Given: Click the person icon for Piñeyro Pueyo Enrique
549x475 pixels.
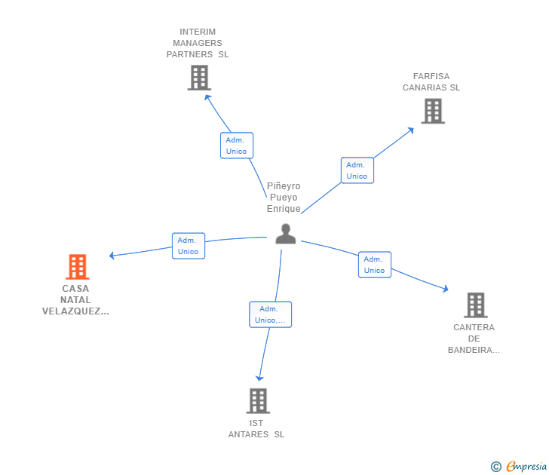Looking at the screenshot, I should coord(285,234).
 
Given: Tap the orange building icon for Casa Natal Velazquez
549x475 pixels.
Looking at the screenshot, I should coord(77,266).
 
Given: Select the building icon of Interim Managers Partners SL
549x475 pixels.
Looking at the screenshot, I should coord(199,78).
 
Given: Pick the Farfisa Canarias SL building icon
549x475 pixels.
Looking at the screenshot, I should coord(432,111).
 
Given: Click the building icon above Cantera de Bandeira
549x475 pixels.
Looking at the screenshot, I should coord(474,305).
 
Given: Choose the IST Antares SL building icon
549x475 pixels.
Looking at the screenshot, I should coord(258,400).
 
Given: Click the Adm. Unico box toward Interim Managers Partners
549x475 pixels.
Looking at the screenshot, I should coord(236,146).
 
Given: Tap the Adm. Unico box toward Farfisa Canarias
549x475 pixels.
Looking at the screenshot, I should coord(357,170).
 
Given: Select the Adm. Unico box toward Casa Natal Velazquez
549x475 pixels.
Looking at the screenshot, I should coord(189,246).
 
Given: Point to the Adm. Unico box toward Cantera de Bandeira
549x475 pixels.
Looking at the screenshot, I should coord(374,265).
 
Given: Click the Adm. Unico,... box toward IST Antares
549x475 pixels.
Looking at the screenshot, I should coord(270,314).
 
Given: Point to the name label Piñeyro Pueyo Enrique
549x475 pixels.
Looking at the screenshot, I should coord(284,198).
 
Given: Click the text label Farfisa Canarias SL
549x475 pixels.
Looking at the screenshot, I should coord(431,81).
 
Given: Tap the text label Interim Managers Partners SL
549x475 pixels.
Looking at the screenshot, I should coord(198,43).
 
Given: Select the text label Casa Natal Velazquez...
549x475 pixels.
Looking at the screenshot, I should coord(75,299).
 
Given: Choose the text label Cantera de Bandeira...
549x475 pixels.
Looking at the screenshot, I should coord(474,339).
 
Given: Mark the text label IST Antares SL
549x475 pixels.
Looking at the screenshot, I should coord(256,428).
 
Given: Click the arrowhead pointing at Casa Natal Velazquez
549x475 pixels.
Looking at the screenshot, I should coord(112,256).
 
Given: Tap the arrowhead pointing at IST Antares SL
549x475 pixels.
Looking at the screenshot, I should coord(259,378).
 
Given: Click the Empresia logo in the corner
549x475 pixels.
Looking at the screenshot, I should coord(520,466).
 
